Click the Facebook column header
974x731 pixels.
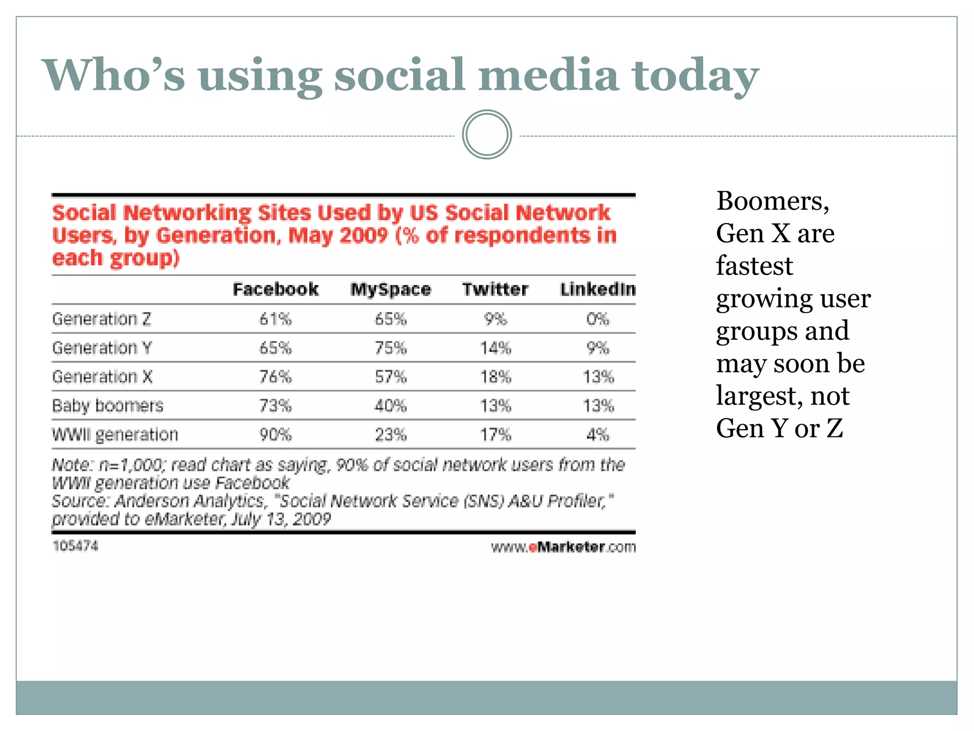(x=275, y=289)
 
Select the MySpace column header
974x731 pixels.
(x=390, y=289)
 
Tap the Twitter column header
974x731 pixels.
(x=495, y=289)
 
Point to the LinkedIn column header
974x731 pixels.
(x=598, y=289)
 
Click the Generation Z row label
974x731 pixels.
(x=101, y=319)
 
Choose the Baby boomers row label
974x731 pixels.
(x=107, y=405)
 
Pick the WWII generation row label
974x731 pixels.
(x=115, y=435)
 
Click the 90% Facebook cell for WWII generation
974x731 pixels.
(x=275, y=435)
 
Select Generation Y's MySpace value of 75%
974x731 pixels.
(x=390, y=348)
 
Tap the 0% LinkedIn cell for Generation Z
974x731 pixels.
(x=598, y=319)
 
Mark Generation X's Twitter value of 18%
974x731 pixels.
(x=495, y=377)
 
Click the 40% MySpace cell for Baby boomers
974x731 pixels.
(x=390, y=405)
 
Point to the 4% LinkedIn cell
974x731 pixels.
(x=598, y=435)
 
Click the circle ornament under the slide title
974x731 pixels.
(x=487, y=135)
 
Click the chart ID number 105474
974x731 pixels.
(x=75, y=546)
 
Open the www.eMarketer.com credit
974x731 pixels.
(x=563, y=547)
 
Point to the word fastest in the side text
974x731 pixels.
(x=754, y=266)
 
